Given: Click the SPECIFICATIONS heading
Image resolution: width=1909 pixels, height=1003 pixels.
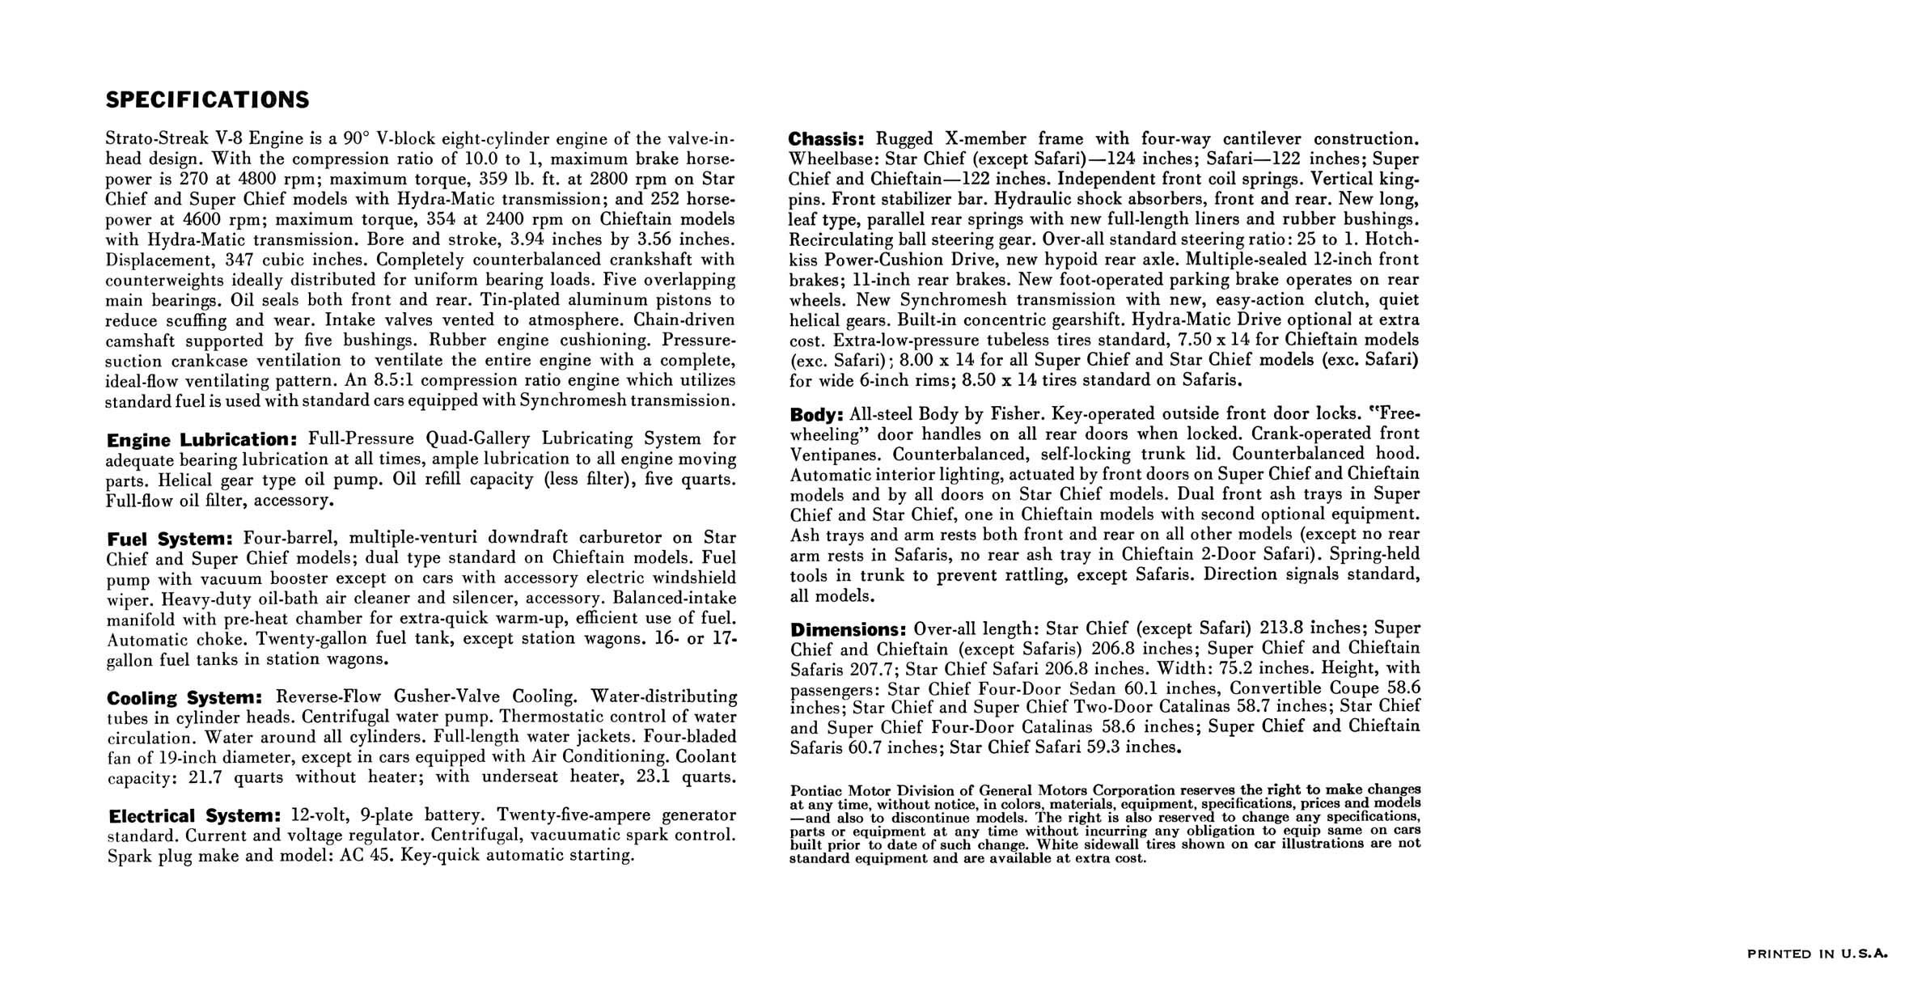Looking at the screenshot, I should (x=207, y=100).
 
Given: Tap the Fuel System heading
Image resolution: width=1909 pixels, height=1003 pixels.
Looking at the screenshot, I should (x=170, y=539).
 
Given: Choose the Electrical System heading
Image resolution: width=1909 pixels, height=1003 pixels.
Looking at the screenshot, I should (x=195, y=816).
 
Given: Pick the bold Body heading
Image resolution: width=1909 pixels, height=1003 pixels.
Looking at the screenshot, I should (x=816, y=415).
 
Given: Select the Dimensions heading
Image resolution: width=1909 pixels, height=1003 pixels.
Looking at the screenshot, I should (x=847, y=629).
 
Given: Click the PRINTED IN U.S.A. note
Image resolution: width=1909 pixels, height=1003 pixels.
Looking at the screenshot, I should (x=1818, y=954).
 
